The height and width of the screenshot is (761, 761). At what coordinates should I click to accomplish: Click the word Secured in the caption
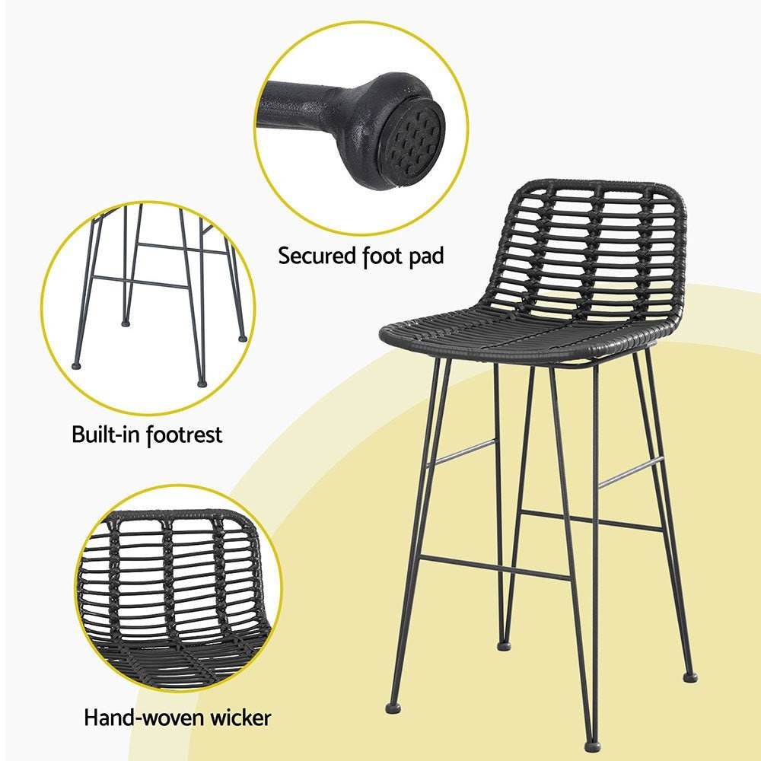(x=316, y=256)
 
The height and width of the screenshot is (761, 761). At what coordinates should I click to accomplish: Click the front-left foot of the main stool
(x=392, y=706)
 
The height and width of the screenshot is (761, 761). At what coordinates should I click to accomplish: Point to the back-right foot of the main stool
(x=689, y=676)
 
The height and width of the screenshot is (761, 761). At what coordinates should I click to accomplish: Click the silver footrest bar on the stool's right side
(x=630, y=473)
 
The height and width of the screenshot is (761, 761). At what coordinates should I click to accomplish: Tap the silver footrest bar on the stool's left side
(x=460, y=452)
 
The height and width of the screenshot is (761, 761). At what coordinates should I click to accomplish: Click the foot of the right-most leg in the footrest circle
(x=242, y=337)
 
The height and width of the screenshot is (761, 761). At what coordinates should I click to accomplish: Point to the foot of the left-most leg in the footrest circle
(x=76, y=364)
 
